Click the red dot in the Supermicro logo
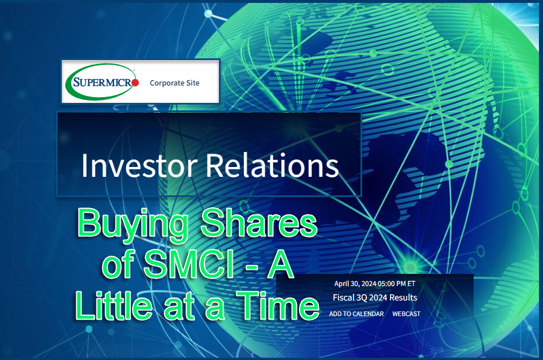(x=135, y=83)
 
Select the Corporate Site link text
(x=174, y=83)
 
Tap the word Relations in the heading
(x=272, y=166)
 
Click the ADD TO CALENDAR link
(x=356, y=314)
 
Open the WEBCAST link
(x=406, y=314)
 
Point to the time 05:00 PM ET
(x=399, y=284)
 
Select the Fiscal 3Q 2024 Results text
(x=375, y=298)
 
